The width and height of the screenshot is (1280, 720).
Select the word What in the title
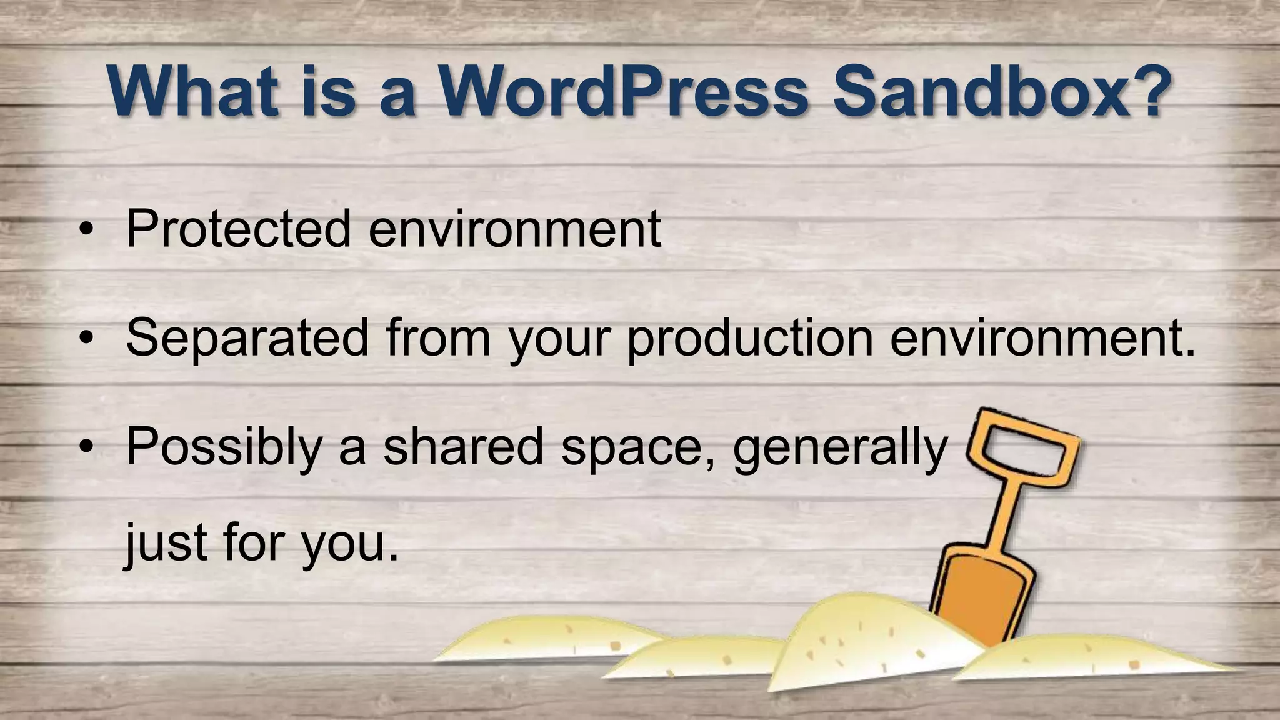click(193, 94)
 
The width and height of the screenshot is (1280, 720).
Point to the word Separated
click(247, 337)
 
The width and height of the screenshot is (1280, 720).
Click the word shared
click(463, 446)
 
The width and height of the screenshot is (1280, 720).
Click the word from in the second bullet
click(438, 337)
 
